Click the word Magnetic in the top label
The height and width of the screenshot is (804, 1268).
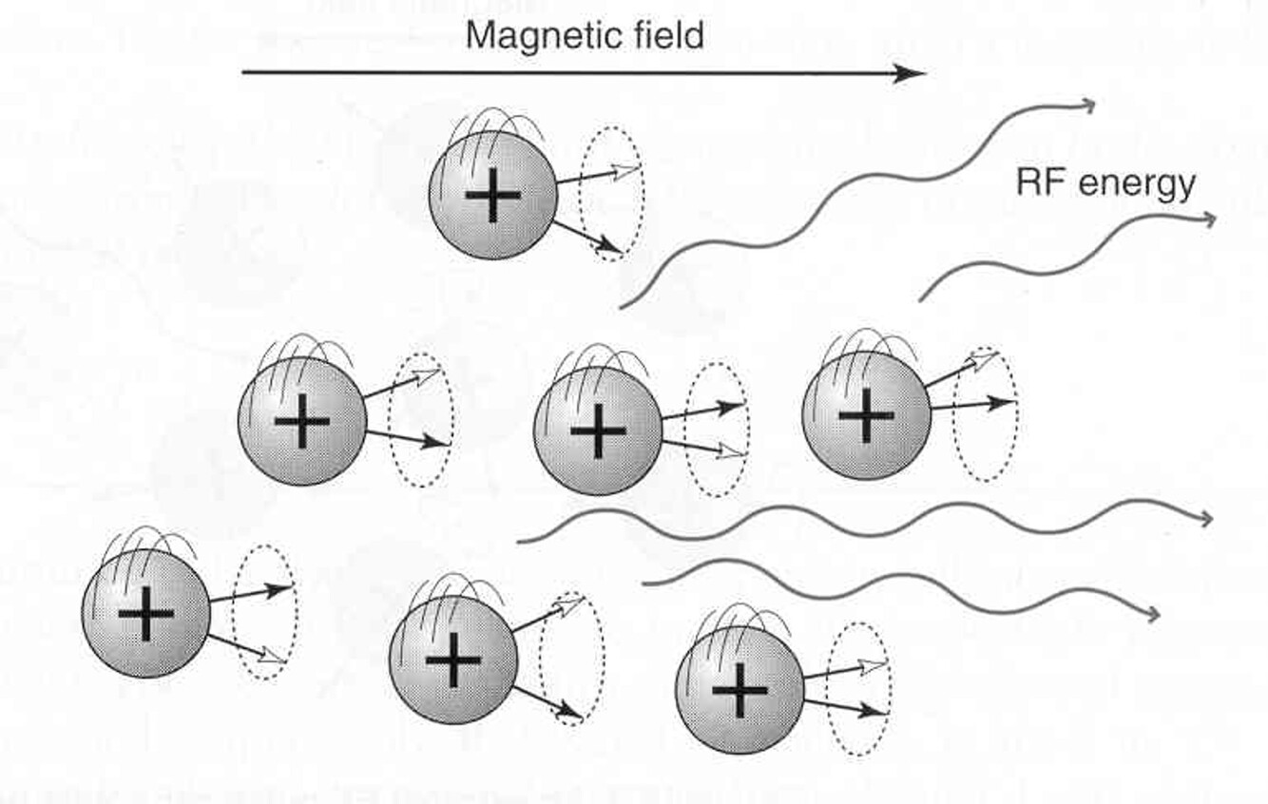tap(538, 36)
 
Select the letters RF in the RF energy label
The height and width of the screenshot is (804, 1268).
tap(1036, 182)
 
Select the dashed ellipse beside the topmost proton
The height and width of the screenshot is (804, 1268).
tap(612, 194)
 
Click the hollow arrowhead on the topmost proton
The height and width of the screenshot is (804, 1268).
tap(627, 170)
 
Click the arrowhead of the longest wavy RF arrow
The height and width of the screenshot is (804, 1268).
tap(1205, 518)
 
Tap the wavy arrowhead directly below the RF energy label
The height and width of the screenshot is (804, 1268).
tap(1207, 220)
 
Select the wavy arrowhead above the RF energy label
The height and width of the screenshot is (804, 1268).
tap(1087, 105)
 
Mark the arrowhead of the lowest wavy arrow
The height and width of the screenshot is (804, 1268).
tap(1151, 615)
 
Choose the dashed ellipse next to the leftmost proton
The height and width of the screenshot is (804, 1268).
tap(264, 611)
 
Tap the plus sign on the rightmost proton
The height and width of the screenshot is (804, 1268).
tap(865, 414)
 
